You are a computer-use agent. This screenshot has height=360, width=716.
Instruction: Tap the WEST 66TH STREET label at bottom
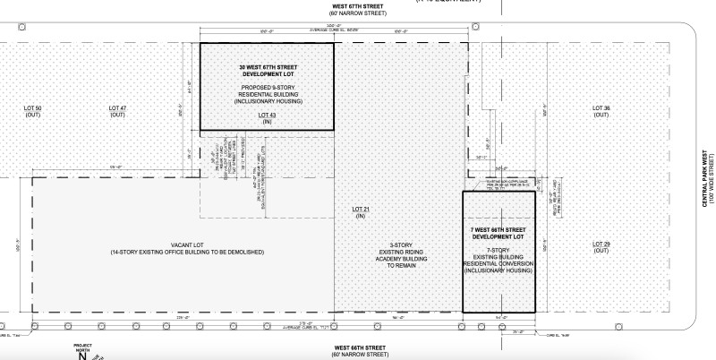click(x=361, y=347)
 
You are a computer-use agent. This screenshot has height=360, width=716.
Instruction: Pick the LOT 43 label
click(x=266, y=115)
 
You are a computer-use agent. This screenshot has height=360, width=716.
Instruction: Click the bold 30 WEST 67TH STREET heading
click(x=266, y=69)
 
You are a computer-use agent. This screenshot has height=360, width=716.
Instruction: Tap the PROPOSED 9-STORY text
click(x=266, y=87)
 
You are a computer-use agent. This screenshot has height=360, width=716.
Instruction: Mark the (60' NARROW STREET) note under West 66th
click(x=361, y=355)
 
